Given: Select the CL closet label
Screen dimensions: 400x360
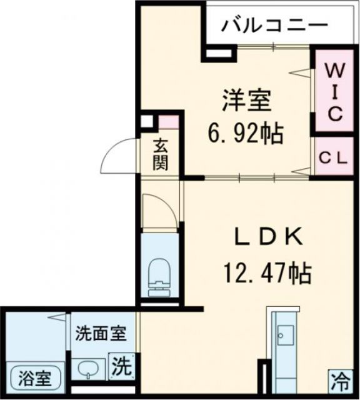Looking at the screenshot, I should coord(334,159).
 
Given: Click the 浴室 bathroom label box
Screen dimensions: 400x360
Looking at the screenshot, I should coord(34,378).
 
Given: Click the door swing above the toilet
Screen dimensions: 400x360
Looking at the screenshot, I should coord(157,209).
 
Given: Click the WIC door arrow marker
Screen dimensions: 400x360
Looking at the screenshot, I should coord(298,72).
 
